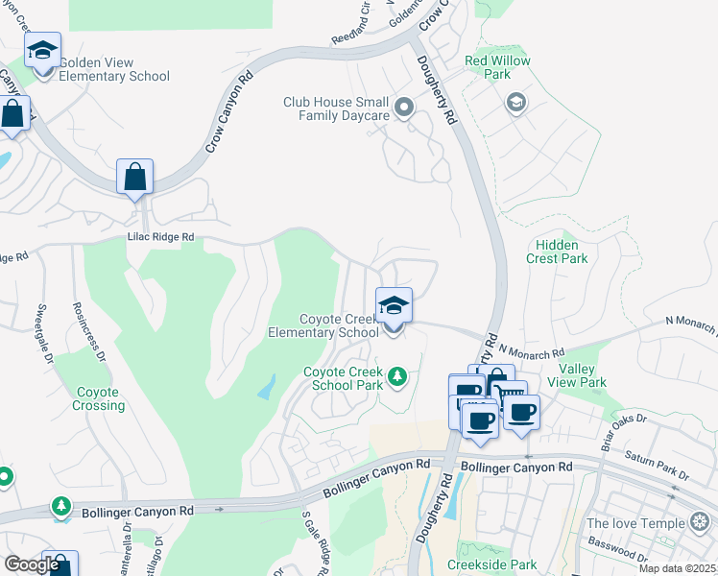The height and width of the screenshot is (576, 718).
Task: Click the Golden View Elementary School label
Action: click(x=114, y=69)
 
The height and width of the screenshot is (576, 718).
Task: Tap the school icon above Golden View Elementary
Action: click(x=42, y=50)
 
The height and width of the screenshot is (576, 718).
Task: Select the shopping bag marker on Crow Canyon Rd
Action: click(x=134, y=178)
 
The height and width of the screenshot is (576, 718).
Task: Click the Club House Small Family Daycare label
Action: click(x=336, y=108)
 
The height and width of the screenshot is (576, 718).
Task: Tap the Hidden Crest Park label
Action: click(x=557, y=252)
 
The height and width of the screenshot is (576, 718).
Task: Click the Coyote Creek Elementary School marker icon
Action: click(x=394, y=306)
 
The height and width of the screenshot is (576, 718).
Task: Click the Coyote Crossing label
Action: click(x=98, y=398)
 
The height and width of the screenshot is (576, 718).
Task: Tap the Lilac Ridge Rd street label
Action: click(x=160, y=236)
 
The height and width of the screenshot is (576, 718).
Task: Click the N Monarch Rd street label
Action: click(x=531, y=354)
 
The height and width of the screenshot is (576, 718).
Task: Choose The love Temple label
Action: click(x=636, y=523)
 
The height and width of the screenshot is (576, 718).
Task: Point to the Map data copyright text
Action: click(x=677, y=568)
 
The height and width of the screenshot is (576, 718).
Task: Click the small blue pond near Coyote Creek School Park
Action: click(x=265, y=388)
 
